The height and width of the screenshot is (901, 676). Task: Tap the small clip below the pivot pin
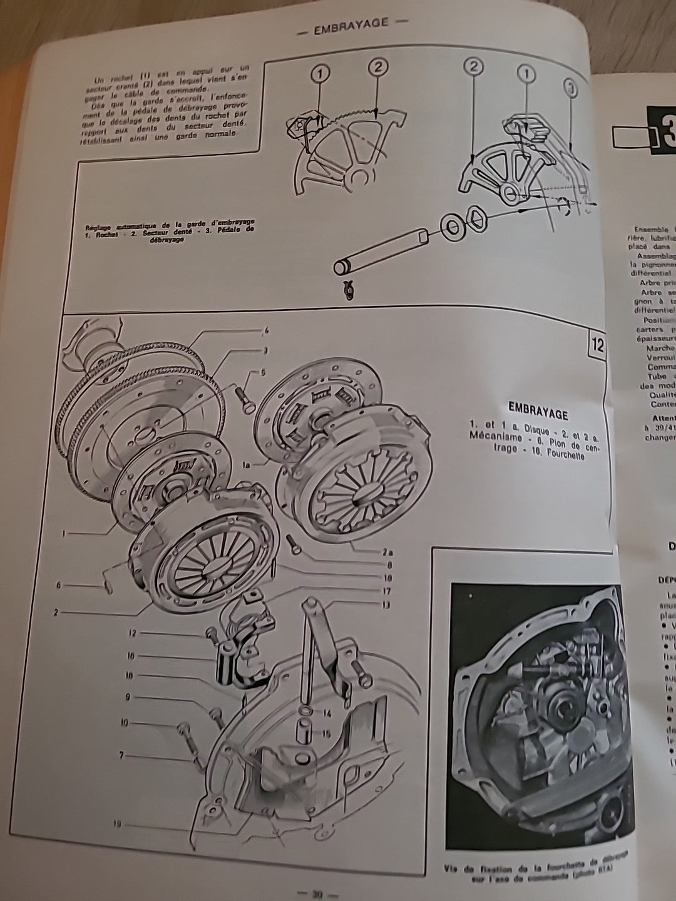coord(349,291)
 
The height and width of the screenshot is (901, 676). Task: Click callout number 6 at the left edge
coord(59,586)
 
